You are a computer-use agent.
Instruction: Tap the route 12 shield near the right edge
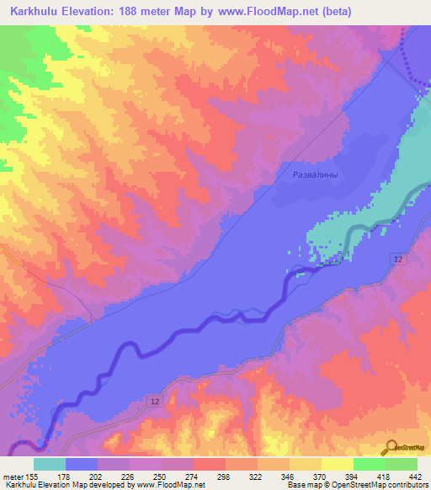click(396, 260)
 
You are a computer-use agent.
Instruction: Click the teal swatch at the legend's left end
click(49, 464)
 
